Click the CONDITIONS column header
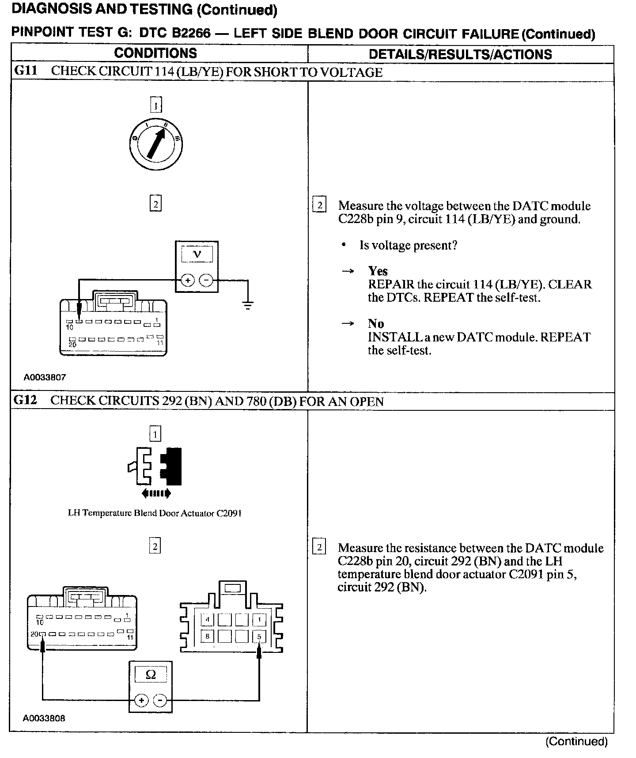[x=155, y=53]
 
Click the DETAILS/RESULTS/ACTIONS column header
[x=460, y=54]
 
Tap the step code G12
[x=26, y=400]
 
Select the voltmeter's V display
[x=197, y=254]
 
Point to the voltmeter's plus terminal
[x=187, y=280]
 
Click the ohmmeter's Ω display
[x=151, y=675]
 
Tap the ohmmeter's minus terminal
[x=160, y=701]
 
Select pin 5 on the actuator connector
[x=259, y=637]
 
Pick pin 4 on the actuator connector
[x=207, y=620]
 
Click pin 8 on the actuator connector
[x=207, y=637]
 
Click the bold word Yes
[x=378, y=271]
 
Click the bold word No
[x=376, y=323]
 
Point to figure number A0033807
[x=45, y=377]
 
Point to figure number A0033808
[x=44, y=718]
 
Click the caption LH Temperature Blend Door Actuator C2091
[x=155, y=513]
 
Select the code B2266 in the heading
[x=185, y=33]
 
